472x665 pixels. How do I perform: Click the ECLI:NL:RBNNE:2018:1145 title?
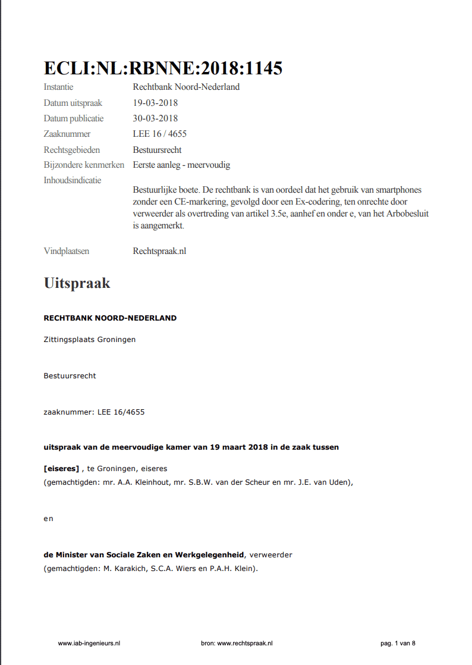[x=163, y=68]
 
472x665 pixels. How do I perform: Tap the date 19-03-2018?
[x=155, y=103]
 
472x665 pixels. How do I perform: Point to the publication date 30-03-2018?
[x=155, y=118]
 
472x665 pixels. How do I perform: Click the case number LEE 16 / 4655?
[x=159, y=134]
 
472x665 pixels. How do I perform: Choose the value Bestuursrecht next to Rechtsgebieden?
[x=157, y=150]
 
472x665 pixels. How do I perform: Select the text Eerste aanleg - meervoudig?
[x=181, y=165]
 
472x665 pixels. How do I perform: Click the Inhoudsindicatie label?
[x=73, y=180]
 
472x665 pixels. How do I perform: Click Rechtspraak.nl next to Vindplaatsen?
[x=159, y=251]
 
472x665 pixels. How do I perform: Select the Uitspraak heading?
[x=77, y=283]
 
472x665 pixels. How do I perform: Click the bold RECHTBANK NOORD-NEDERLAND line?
[x=110, y=318]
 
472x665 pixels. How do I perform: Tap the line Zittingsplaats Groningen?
[x=89, y=340]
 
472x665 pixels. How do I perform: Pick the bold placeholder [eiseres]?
[x=61, y=469]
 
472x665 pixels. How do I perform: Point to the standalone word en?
[x=48, y=519]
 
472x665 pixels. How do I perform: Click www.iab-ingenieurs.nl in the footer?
[x=89, y=643]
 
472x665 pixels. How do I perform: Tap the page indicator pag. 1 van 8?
[x=398, y=643]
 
